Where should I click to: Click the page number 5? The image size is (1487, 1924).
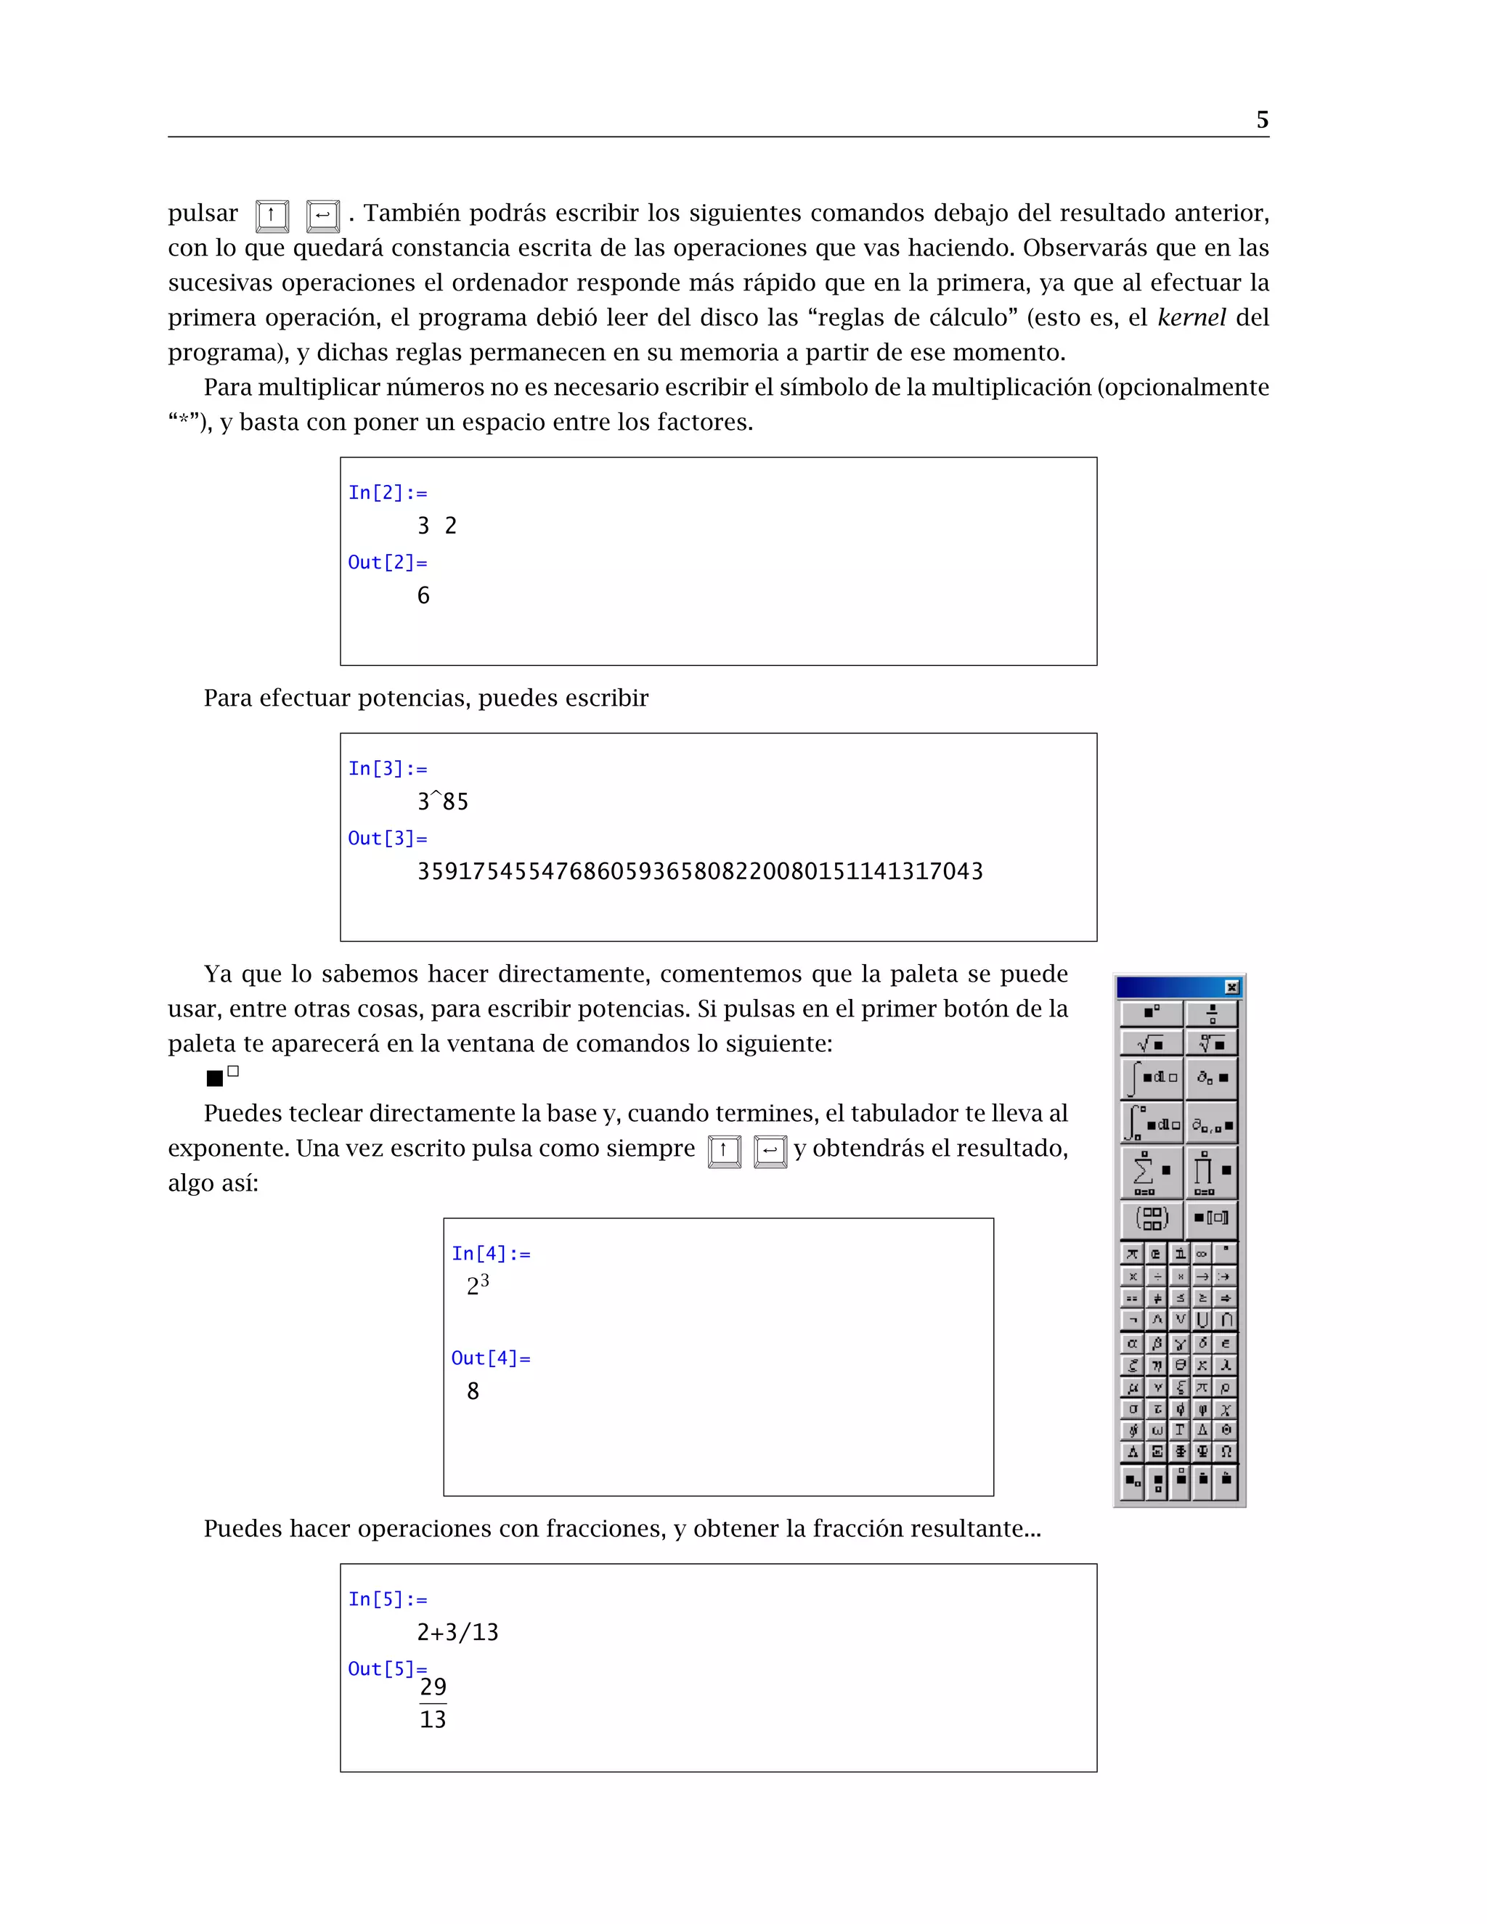(1261, 120)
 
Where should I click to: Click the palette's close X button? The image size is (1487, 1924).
(1231, 987)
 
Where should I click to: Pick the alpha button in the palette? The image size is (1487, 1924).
(1133, 1343)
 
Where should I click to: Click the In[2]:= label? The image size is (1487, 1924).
(388, 492)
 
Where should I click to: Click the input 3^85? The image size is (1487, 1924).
(442, 802)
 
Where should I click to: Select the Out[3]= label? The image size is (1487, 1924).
(388, 838)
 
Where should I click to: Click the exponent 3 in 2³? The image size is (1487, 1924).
(484, 1279)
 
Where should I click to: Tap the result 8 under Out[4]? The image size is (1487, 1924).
(473, 1391)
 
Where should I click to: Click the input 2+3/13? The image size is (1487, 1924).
(457, 1632)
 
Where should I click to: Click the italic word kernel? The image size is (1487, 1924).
(1191, 317)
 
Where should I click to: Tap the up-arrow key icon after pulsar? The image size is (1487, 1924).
(272, 215)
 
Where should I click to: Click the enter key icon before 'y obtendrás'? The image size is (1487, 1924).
(770, 1151)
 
